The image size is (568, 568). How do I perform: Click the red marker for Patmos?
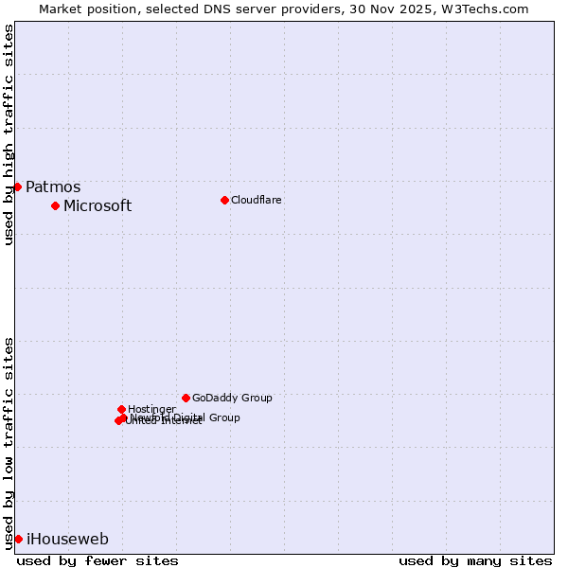[x=17, y=186]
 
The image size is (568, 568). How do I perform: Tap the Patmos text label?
[x=53, y=187]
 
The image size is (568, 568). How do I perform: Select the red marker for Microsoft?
[x=55, y=205]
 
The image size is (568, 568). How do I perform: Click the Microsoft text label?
[x=98, y=206]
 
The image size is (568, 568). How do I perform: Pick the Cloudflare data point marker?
[x=224, y=200]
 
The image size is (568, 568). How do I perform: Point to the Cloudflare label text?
[x=257, y=201]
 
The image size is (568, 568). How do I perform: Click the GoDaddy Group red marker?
[x=186, y=398]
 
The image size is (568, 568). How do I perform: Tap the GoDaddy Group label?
[x=232, y=399]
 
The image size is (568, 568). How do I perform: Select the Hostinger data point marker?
[x=121, y=409]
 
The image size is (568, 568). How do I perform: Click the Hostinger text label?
[x=151, y=410]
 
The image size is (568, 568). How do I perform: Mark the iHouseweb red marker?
[x=18, y=539]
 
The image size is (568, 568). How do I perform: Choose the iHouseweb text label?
[x=67, y=540]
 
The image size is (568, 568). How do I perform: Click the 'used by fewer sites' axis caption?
[x=98, y=560]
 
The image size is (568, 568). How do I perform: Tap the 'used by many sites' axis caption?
[x=475, y=560]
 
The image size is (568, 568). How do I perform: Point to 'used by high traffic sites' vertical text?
[x=9, y=134]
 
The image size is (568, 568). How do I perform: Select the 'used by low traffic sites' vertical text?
[x=9, y=442]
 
